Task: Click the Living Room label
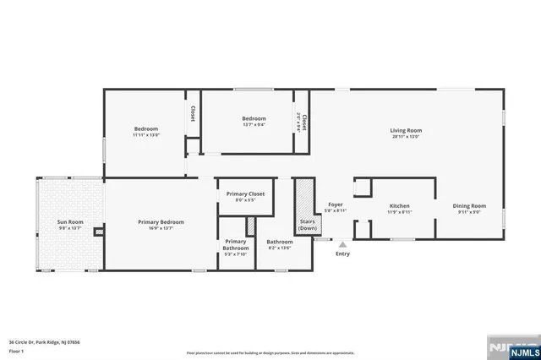[x=406, y=130]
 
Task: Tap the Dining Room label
[x=470, y=205]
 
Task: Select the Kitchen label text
[x=399, y=205]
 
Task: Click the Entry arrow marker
[x=342, y=243]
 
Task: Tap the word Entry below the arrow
[x=342, y=254]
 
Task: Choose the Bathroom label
[x=279, y=243]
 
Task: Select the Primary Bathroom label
[x=235, y=245]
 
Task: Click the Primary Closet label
[x=245, y=194]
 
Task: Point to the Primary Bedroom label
[x=161, y=221]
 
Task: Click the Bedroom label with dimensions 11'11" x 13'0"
[x=145, y=128]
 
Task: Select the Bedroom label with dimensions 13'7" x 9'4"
[x=254, y=118]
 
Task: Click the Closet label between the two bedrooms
[x=193, y=113]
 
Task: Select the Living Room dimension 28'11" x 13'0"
[x=406, y=136]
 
